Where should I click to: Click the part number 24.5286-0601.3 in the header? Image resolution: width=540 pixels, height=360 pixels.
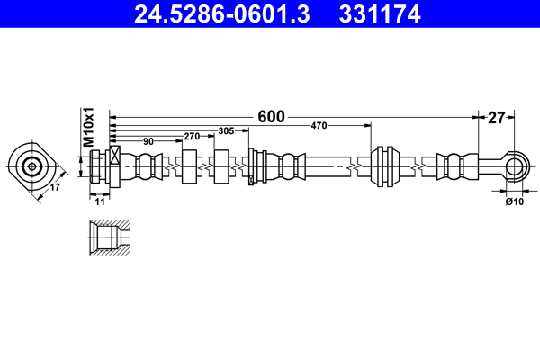point(225,14)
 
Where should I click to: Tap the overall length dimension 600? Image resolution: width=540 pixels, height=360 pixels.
point(271,116)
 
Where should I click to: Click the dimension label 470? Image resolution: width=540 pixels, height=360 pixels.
point(319,125)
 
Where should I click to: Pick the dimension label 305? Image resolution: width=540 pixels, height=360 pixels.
point(226,130)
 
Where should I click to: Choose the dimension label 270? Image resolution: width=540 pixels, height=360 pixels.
point(191,136)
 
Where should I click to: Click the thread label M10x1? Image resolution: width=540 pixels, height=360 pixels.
point(89,129)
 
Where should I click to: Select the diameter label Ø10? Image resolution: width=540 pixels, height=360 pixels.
point(514,202)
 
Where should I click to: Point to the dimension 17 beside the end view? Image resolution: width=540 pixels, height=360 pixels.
point(54,188)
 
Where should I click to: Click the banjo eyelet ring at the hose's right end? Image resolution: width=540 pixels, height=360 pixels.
point(515,166)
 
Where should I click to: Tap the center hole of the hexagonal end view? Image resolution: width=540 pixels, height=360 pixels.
point(32,166)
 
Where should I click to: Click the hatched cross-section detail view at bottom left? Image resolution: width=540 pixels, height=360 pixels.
point(108,238)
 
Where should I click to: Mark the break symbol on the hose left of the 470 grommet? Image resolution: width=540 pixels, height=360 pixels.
point(358,166)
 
